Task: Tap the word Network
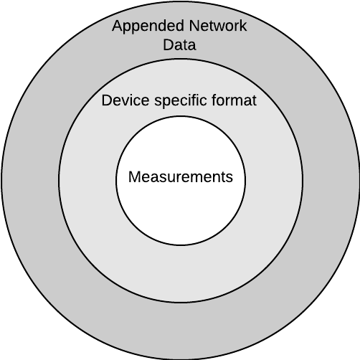click(x=218, y=26)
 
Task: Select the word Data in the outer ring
click(x=179, y=44)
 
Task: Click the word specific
click(x=181, y=101)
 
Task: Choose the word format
click(x=234, y=100)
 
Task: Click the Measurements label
click(x=181, y=176)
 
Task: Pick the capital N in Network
click(x=194, y=26)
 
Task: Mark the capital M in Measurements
click(x=134, y=176)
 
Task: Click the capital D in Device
click(x=107, y=100)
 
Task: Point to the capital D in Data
click(x=169, y=44)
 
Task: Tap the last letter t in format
click(x=254, y=100)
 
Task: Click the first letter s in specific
click(x=158, y=102)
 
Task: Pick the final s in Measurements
click(x=229, y=179)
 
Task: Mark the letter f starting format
click(x=214, y=100)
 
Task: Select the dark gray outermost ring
click(x=31, y=180)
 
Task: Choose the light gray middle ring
click(x=87, y=181)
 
